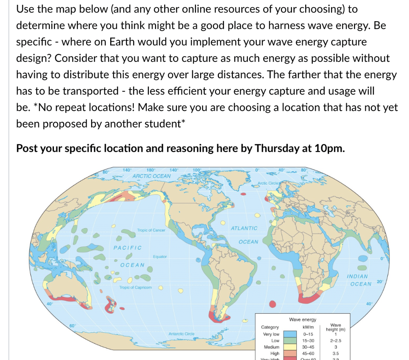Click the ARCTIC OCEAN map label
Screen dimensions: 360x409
[x=151, y=176]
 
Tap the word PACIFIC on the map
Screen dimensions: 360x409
[x=127, y=248]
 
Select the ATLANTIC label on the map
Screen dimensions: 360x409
[x=244, y=228]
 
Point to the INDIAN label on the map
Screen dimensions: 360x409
[x=357, y=276]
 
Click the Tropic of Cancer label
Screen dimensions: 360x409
[x=151, y=230]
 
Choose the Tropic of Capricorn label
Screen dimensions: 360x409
[x=135, y=288]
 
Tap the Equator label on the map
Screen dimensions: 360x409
[x=160, y=257]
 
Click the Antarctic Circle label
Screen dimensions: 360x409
[x=181, y=333]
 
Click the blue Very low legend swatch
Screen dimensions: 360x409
[x=290, y=334]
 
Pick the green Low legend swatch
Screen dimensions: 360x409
[x=290, y=340]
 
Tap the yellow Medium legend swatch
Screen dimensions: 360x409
[x=290, y=347]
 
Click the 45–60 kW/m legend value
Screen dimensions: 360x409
[x=309, y=354]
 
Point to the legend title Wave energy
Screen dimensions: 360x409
[x=302, y=319]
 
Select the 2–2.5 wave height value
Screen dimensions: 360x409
[x=336, y=340]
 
